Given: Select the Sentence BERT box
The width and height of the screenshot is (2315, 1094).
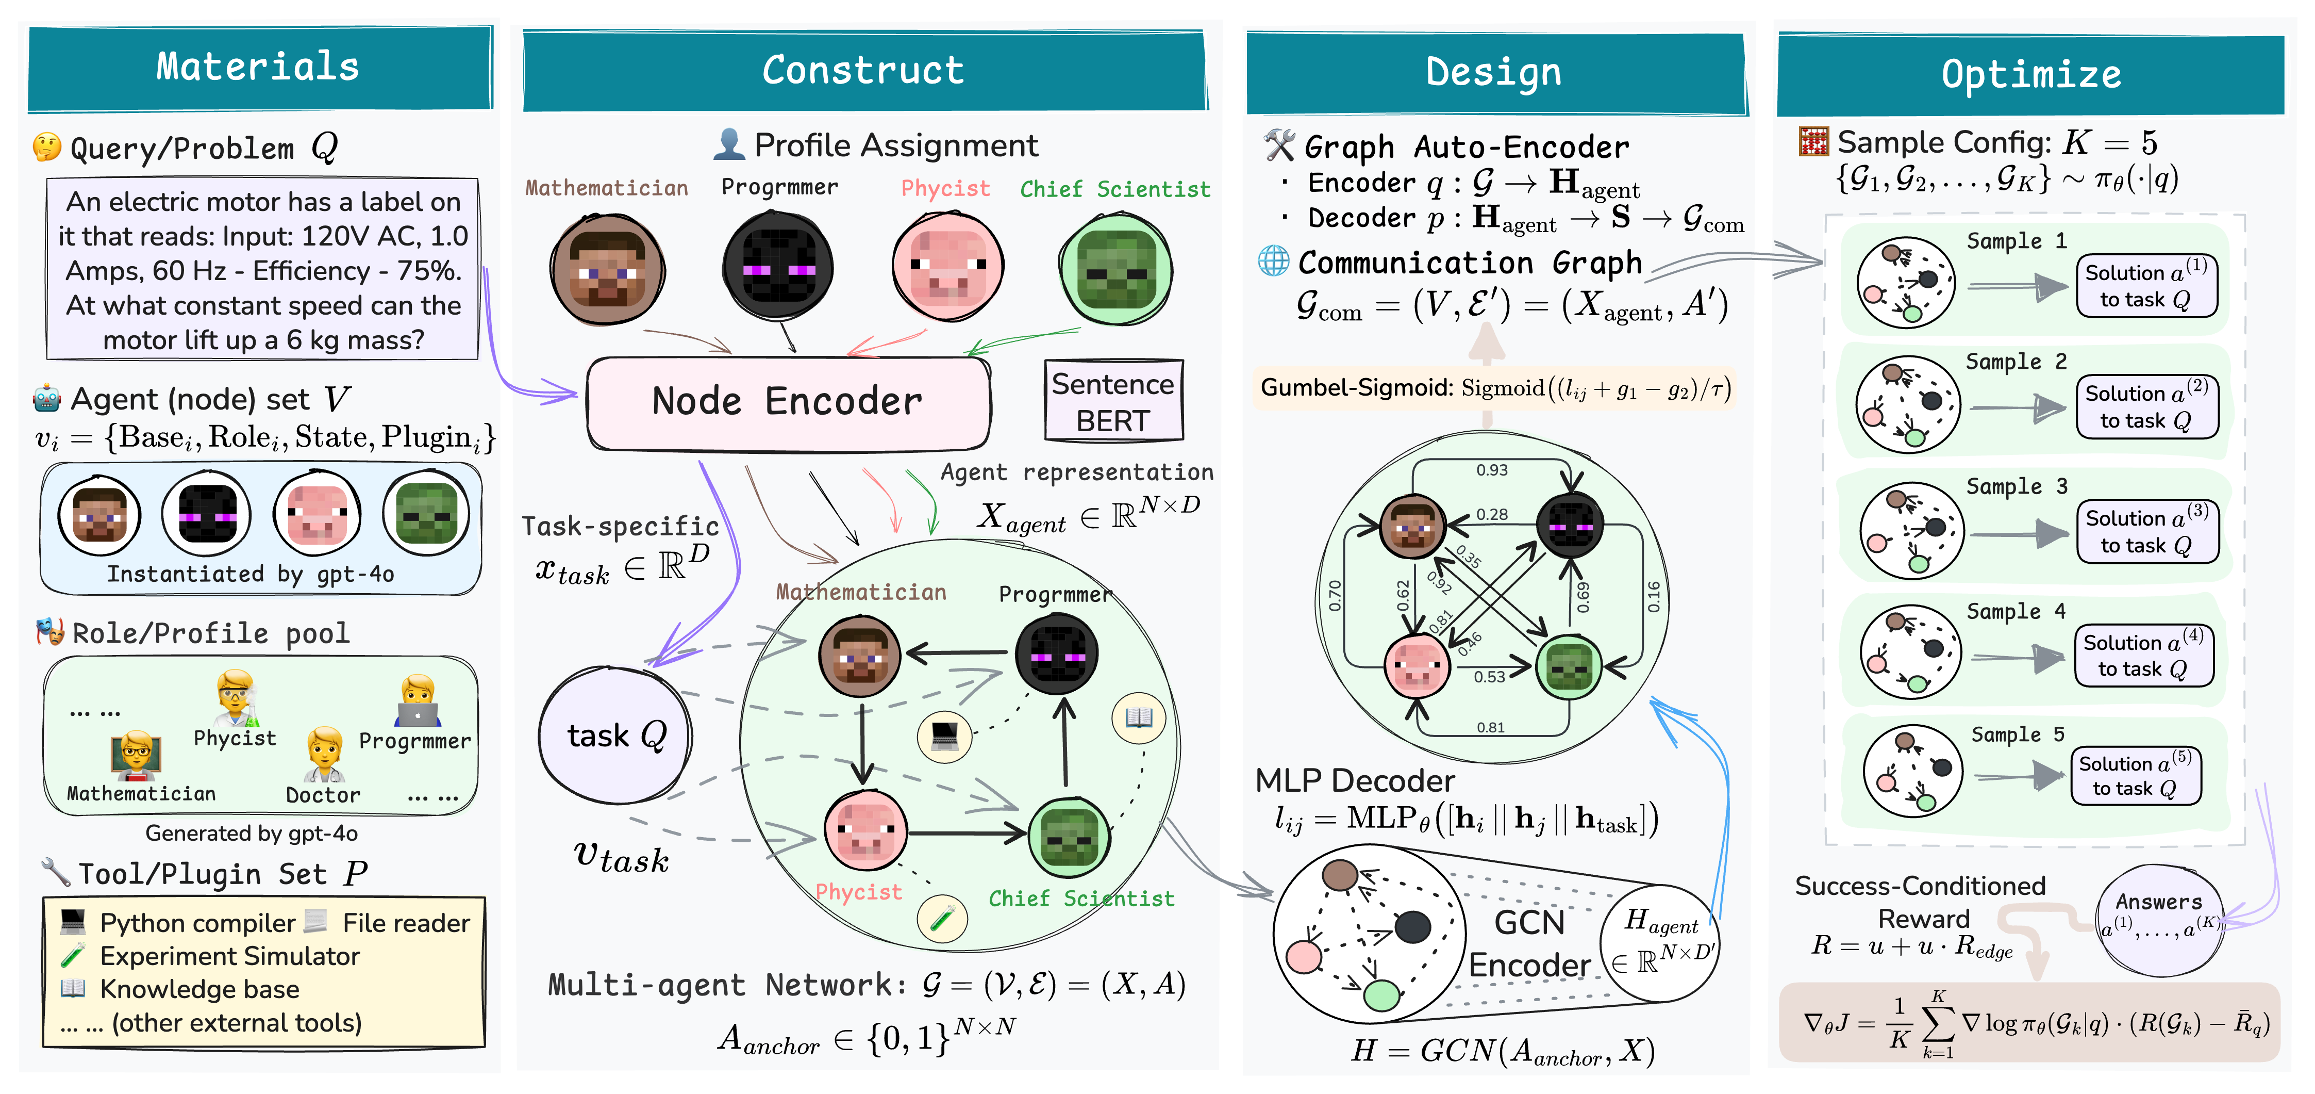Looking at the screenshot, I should point(1112,402).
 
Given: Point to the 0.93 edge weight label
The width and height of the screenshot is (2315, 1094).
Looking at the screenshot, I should point(1492,470).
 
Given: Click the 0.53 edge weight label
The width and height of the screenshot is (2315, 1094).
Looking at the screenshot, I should point(1489,677).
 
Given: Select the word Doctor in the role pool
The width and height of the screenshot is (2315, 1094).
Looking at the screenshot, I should point(323,795).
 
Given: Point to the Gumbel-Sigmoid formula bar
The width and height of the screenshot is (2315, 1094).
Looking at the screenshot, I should point(1494,388).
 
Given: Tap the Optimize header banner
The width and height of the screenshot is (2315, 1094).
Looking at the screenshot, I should point(2030,74).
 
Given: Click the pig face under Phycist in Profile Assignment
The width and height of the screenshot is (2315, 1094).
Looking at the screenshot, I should point(948,267).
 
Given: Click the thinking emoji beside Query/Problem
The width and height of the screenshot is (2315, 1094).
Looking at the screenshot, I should point(47,146).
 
